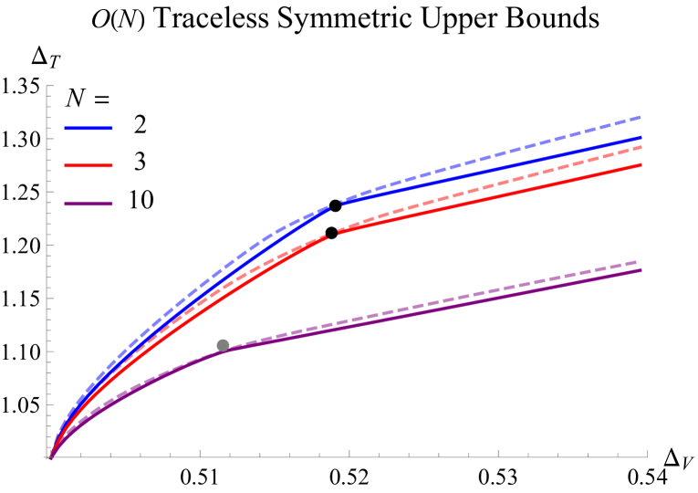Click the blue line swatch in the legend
coord(89,129)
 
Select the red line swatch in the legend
coord(89,166)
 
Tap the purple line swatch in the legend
coord(89,205)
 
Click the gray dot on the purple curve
coord(223,345)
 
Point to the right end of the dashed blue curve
coord(641,117)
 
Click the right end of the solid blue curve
coord(641,137)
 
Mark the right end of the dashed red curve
coord(641,146)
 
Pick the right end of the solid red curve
coord(641,164)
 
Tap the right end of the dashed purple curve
coord(638,262)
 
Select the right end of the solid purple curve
coord(641,270)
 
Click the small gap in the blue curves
coord(335,205)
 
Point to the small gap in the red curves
coord(333,235)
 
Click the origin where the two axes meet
coord(49,456)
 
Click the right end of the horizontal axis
coord(647,456)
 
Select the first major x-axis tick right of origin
coord(199,453)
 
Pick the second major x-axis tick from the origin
coord(349,453)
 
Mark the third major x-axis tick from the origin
coord(498,453)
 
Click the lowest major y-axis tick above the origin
coord(51,404)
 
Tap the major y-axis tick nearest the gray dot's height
coord(51,351)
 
